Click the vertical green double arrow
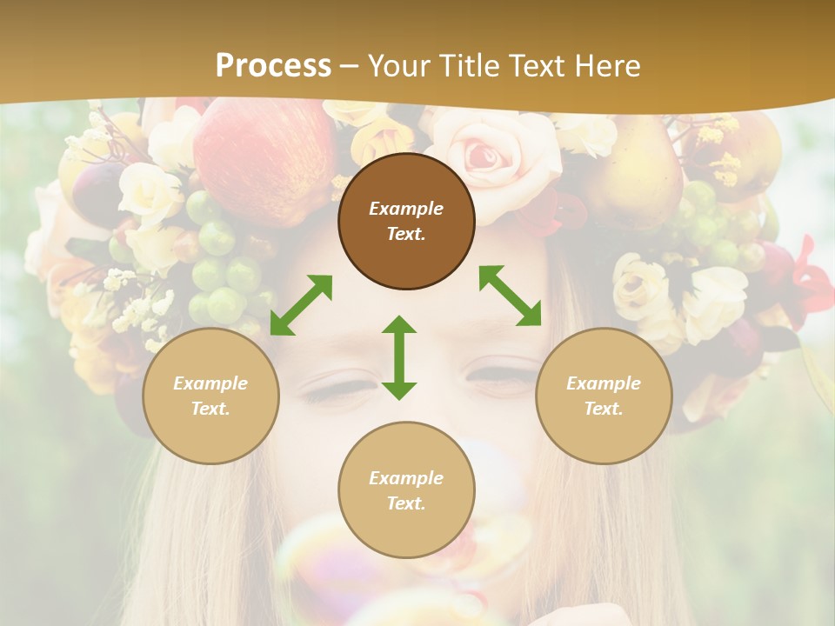(399, 357)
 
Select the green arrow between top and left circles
(301, 305)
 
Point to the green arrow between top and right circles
(510, 296)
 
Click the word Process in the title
(273, 65)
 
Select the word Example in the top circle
(406, 209)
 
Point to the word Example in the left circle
(210, 383)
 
